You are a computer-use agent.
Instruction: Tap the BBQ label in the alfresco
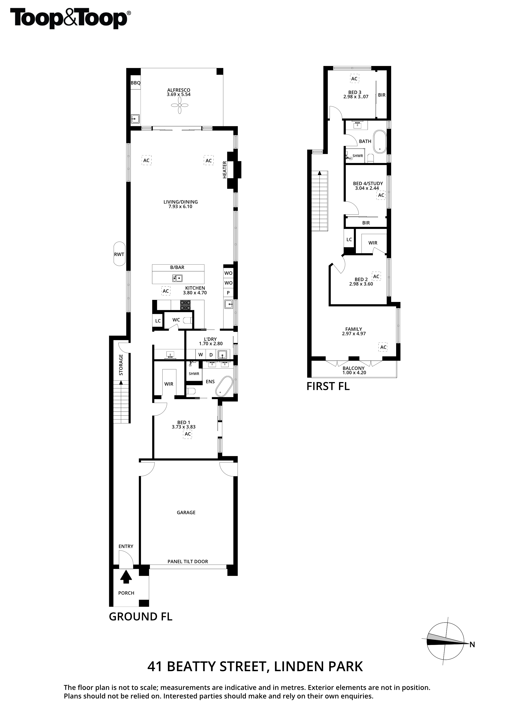pyautogui.click(x=135, y=83)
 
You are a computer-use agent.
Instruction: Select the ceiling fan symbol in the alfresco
pyautogui.click(x=180, y=105)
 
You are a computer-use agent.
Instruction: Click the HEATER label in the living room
pyautogui.click(x=225, y=170)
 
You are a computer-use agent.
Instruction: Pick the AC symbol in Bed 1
pyautogui.click(x=188, y=434)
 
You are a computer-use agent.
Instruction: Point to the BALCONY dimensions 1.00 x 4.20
pyautogui.click(x=354, y=373)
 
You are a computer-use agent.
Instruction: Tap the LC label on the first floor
pyautogui.click(x=349, y=240)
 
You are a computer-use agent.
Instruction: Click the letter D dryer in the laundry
pyautogui.click(x=211, y=355)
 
